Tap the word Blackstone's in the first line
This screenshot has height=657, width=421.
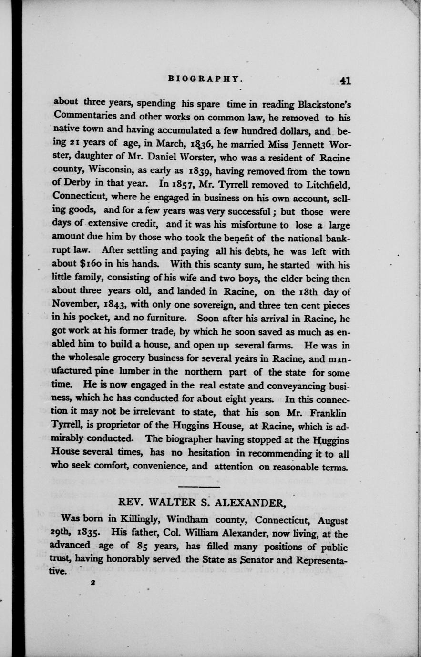tap(324, 103)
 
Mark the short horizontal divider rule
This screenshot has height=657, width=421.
tap(198, 487)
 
